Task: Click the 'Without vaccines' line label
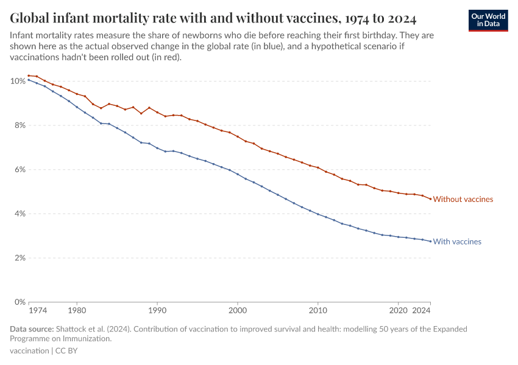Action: click(x=463, y=199)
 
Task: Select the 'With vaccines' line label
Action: click(x=457, y=242)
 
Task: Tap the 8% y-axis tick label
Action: click(x=19, y=125)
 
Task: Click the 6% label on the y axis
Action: click(x=19, y=170)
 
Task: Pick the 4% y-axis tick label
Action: click(x=19, y=214)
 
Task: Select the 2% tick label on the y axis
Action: click(x=19, y=258)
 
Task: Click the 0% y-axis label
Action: click(x=19, y=302)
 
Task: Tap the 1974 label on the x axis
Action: click(x=38, y=310)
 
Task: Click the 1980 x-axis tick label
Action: click(x=77, y=310)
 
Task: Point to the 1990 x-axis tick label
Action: click(x=157, y=310)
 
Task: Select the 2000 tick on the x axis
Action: click(x=237, y=310)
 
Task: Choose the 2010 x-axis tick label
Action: click(x=318, y=310)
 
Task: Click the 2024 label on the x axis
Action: click(x=422, y=310)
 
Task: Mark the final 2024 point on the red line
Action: click(x=430, y=199)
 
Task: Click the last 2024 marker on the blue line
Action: click(x=430, y=242)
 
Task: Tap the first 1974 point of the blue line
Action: click(x=29, y=80)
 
